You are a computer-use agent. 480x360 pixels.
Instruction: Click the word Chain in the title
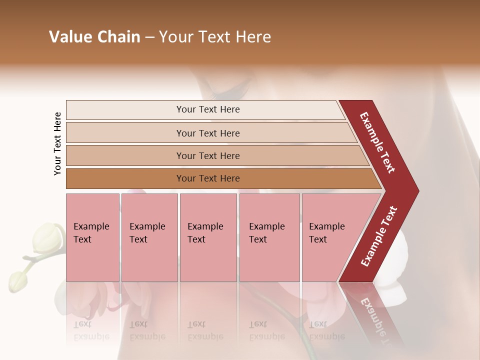pyautogui.click(x=119, y=37)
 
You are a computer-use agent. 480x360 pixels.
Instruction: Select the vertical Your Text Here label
pyautogui.click(x=57, y=143)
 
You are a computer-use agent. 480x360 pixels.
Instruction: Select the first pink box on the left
pyautogui.click(x=92, y=237)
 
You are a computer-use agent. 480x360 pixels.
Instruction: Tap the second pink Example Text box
pyautogui.click(x=149, y=237)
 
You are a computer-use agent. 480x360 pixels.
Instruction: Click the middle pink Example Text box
pyautogui.click(x=208, y=237)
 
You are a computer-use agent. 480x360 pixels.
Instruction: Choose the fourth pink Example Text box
pyautogui.click(x=269, y=237)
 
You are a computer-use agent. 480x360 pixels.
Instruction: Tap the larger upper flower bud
pyautogui.click(x=45, y=238)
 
